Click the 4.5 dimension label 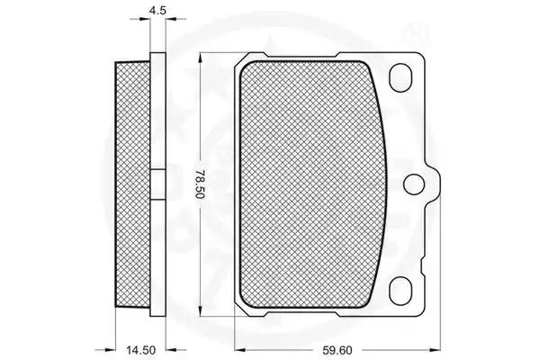(x=157, y=10)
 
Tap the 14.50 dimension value (x=140, y=351)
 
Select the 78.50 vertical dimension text (x=200, y=184)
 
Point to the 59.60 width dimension (x=337, y=351)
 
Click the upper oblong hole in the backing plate (x=400, y=78)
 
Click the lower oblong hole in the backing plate (x=400, y=290)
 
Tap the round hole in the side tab (x=414, y=184)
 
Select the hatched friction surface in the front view (x=312, y=184)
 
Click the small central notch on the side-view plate (x=158, y=184)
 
